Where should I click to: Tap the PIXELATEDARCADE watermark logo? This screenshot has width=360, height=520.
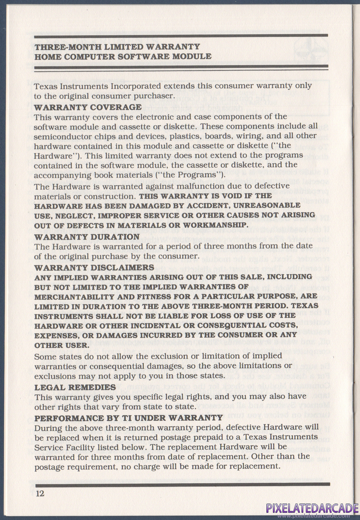pyautogui.click(x=312, y=508)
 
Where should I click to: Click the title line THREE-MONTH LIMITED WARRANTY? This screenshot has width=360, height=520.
pyautogui.click(x=117, y=47)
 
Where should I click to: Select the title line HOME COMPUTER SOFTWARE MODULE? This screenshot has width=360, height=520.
pyautogui.click(x=123, y=56)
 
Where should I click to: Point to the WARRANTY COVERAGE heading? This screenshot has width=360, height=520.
pyautogui.click(x=88, y=107)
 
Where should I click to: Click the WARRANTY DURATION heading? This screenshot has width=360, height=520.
pyautogui.click(x=87, y=236)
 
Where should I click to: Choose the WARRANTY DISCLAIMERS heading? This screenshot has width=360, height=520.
pyautogui.click(x=94, y=267)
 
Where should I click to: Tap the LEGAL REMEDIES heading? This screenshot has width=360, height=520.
pyautogui.click(x=75, y=387)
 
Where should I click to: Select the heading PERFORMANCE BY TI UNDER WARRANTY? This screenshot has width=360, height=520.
pyautogui.click(x=128, y=418)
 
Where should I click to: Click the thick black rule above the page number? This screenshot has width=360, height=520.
pyautogui.click(x=182, y=485)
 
